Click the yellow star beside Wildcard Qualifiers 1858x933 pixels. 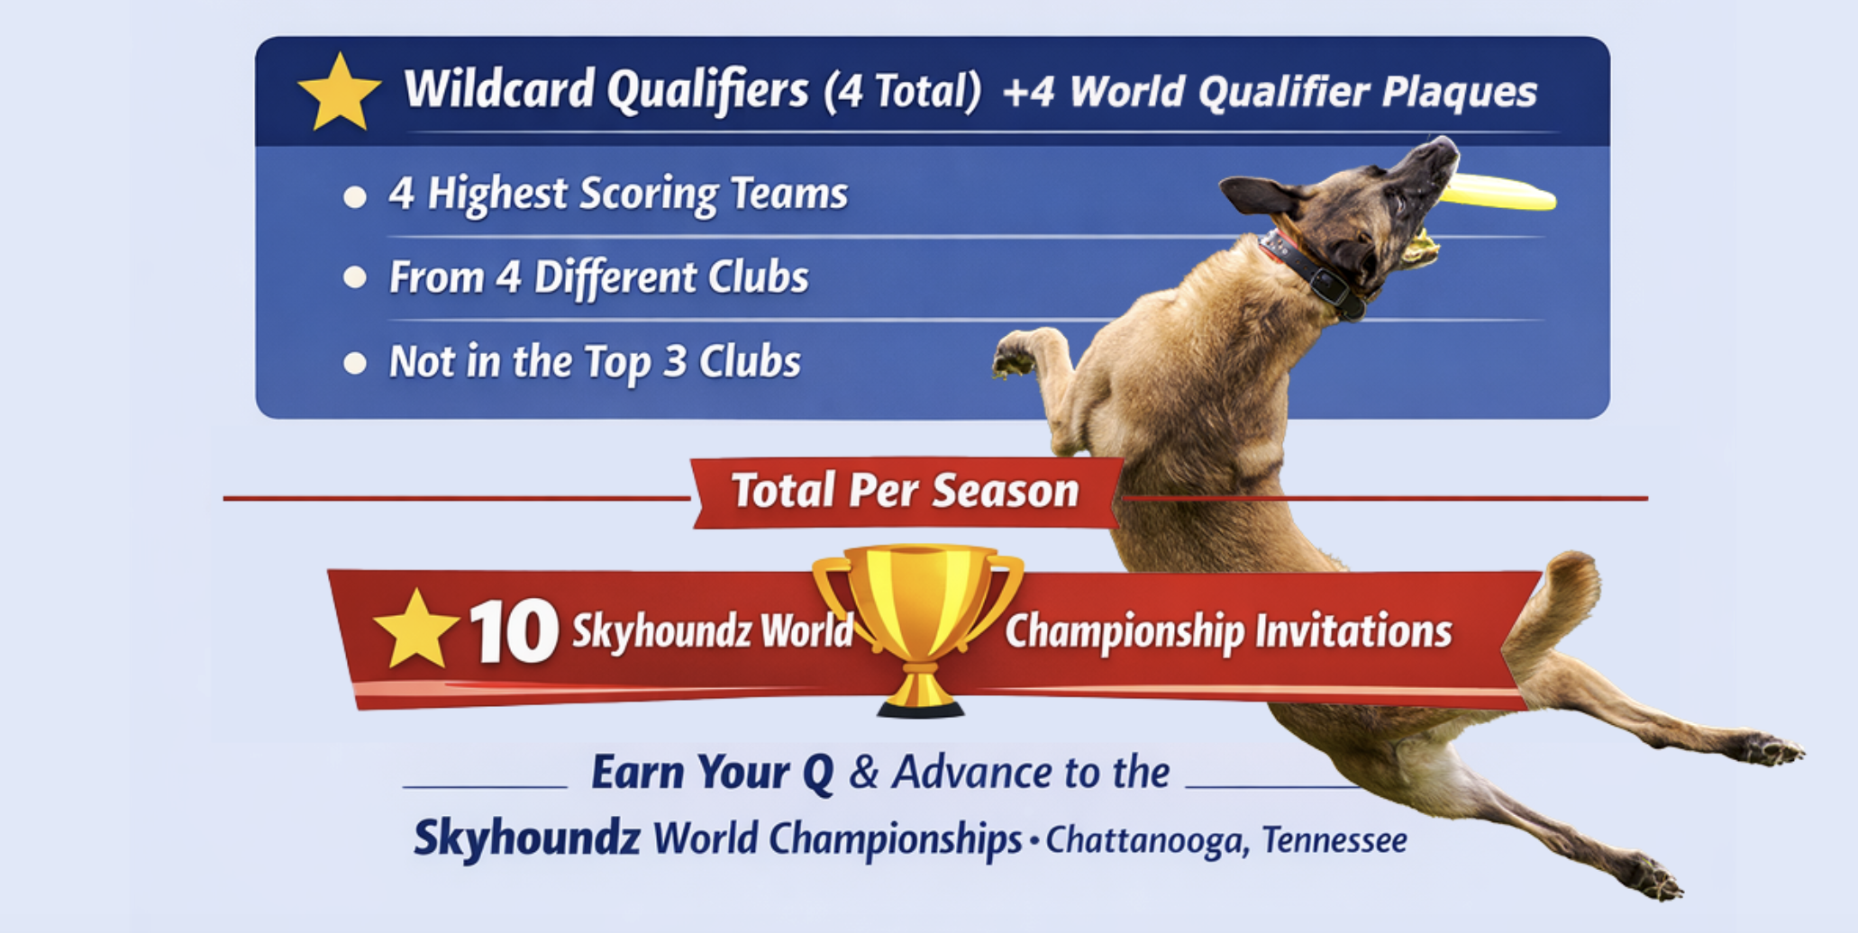pyautogui.click(x=340, y=93)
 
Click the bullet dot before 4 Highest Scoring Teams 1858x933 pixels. pyautogui.click(x=355, y=196)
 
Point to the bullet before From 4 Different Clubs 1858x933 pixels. pyautogui.click(x=355, y=277)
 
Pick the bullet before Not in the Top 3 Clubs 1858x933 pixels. pyautogui.click(x=355, y=363)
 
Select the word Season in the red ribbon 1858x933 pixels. pyautogui.click(x=1005, y=491)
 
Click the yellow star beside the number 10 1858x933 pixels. pyautogui.click(x=416, y=630)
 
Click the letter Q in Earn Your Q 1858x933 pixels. pyautogui.click(x=818, y=774)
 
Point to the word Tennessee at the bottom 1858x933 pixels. pyautogui.click(x=1334, y=839)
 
